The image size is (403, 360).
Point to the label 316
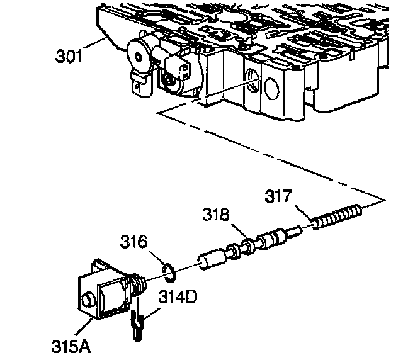tap(135, 242)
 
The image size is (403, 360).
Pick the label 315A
tap(69, 346)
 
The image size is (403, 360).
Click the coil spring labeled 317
tap(336, 217)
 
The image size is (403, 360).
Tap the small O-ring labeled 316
tap(169, 271)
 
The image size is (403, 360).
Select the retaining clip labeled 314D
tap(137, 325)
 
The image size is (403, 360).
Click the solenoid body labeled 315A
tap(101, 293)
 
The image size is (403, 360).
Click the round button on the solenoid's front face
tap(88, 295)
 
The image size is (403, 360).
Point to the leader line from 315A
tap(85, 329)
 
